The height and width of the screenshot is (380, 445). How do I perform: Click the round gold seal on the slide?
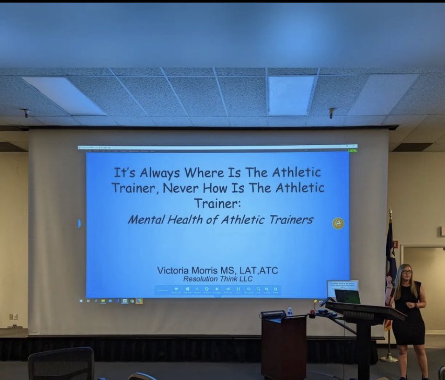(x=338, y=223)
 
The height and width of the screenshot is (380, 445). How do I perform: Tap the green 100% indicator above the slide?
(x=352, y=150)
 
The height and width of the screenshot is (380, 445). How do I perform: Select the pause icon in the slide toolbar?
(x=238, y=289)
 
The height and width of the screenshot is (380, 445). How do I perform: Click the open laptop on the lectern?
(x=347, y=297)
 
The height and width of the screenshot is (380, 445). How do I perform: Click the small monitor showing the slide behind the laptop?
(x=342, y=285)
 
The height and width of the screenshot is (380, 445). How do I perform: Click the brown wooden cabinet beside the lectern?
(x=283, y=348)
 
